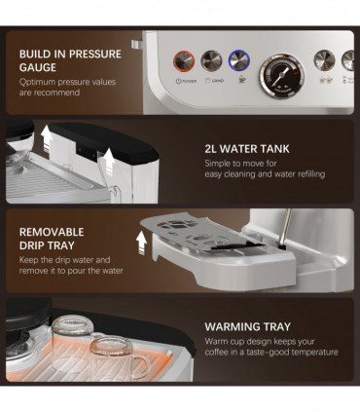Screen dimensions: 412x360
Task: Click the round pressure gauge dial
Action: [280, 75]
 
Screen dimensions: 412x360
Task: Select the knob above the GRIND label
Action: [210, 61]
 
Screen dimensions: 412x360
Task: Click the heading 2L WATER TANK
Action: [247, 150]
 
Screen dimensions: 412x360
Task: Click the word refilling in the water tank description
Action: [305, 175]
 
